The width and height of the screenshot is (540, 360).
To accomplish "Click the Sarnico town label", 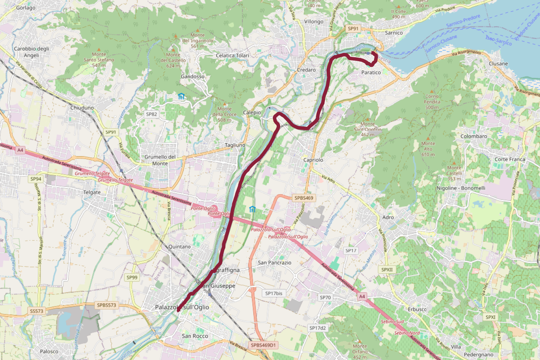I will pos(393,33).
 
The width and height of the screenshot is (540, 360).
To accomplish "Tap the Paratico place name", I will pos(371,72).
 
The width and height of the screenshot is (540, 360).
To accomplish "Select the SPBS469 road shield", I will pos(303,198).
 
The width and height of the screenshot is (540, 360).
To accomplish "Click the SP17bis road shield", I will pos(274,293).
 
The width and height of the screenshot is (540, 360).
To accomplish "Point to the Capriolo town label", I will pos(313,160).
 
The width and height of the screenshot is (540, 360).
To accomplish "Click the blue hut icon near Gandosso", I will pos(181,96).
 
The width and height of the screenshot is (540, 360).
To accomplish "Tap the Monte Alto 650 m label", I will pos(428,149).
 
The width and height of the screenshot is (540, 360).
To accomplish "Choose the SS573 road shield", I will pos(36,311).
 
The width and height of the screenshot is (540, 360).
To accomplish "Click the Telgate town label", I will pos(92,192).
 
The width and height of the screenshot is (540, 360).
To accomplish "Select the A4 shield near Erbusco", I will pos(362,296).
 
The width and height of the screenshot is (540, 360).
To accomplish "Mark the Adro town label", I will pos(388,217).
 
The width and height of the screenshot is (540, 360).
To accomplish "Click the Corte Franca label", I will pos(509,159).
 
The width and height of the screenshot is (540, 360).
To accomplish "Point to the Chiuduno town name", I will pos(82,108).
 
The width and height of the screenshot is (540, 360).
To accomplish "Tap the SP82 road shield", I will pos(151,114).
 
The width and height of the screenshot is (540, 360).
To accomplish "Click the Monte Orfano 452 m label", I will pos(360,351).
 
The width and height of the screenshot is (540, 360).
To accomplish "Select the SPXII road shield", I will pos(387,270).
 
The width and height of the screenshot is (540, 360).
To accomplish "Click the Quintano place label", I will pos(179,247).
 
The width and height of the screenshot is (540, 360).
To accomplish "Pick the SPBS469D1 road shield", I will pos(263,345).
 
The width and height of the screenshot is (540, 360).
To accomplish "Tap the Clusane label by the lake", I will pos(498,64).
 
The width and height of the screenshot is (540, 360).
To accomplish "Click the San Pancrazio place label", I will pos(274,262).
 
